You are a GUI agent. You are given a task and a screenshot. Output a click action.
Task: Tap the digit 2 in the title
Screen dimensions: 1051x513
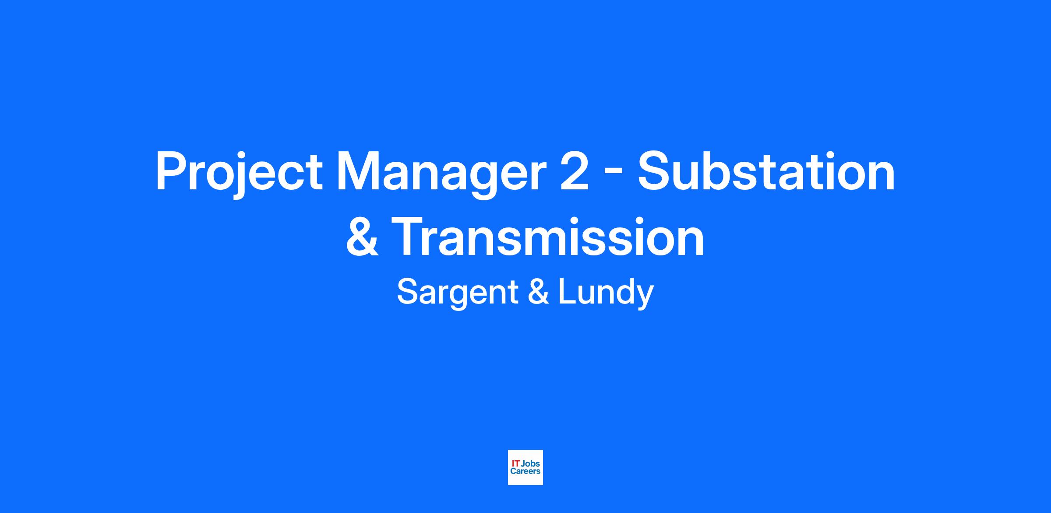(574, 171)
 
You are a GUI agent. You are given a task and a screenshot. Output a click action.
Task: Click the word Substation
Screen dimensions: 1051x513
(766, 171)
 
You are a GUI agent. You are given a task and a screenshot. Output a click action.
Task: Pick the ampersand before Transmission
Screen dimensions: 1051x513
(362, 236)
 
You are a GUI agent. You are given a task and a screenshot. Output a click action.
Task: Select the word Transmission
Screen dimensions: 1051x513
(548, 236)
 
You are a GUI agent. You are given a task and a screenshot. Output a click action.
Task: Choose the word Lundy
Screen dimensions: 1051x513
(606, 293)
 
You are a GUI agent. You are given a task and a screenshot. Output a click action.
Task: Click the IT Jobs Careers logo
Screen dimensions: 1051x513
(525, 467)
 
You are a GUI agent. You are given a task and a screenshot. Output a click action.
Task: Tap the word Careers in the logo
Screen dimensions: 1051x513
(525, 471)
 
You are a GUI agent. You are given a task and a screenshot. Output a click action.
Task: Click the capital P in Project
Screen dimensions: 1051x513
(171, 171)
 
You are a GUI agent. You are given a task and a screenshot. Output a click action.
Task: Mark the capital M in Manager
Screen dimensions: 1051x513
(356, 171)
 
